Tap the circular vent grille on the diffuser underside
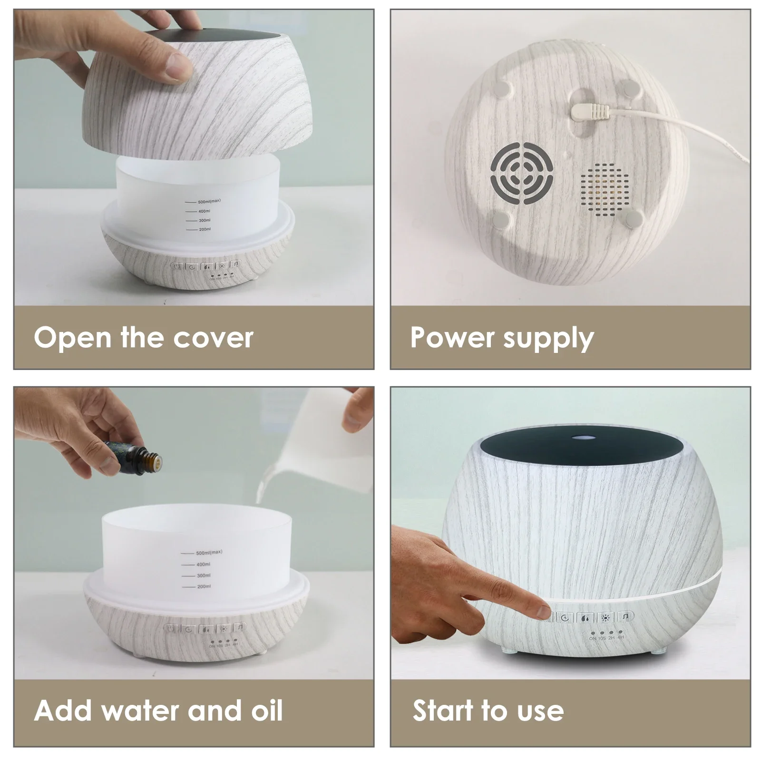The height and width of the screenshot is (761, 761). tap(522, 175)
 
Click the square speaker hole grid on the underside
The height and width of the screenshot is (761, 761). tap(604, 188)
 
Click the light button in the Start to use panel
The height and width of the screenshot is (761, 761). tap(605, 618)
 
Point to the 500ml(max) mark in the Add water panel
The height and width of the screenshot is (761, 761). tap(209, 553)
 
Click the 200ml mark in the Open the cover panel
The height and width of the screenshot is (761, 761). tap(205, 229)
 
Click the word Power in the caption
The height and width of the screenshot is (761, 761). tap(452, 337)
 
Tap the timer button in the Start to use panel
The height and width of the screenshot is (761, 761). tap(565, 618)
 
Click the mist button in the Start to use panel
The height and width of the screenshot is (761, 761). tap(585, 618)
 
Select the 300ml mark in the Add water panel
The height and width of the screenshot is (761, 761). tap(204, 576)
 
